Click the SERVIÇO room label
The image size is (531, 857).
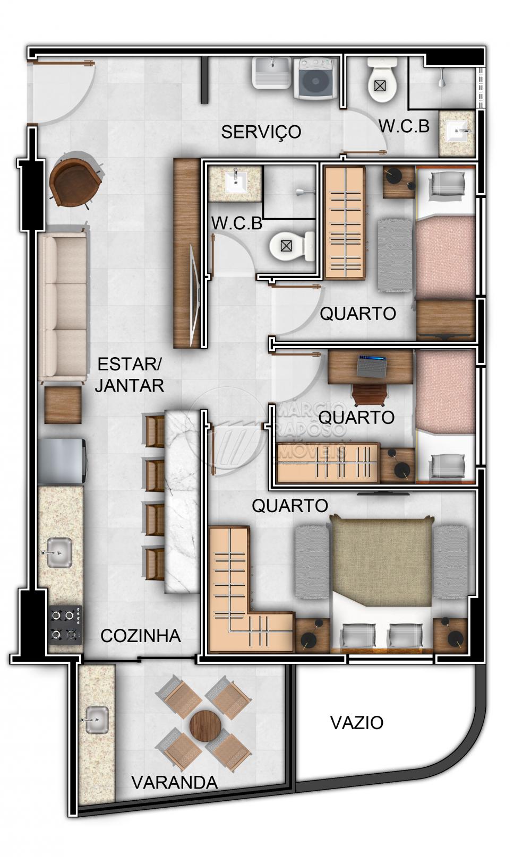tap(261, 132)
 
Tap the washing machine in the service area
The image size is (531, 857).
tap(315, 79)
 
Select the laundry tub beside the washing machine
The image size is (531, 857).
tap(271, 73)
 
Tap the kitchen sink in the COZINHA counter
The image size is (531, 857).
tap(58, 552)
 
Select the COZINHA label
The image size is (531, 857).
tap(141, 636)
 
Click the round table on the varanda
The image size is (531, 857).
tap(205, 725)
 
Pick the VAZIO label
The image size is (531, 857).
tap(357, 723)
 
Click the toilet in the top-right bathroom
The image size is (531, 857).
tap(382, 80)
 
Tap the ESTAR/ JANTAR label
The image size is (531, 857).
tap(130, 375)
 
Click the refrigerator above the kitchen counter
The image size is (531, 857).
tap(62, 462)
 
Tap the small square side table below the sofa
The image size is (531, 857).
tap(63, 405)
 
